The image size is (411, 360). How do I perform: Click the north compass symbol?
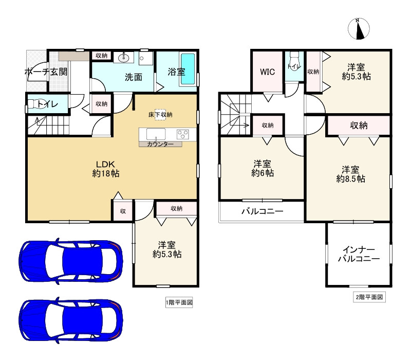click(x=359, y=29)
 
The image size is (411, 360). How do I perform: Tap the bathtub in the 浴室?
click(x=188, y=69)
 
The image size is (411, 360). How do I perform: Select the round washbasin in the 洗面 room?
click(x=123, y=58)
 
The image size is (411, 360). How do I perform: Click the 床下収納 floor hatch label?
click(x=160, y=115)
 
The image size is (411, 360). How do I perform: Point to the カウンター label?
click(x=160, y=144)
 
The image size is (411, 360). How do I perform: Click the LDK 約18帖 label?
click(x=106, y=169)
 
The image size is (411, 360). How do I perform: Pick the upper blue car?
click(x=71, y=261)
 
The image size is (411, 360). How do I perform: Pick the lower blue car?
click(x=71, y=320)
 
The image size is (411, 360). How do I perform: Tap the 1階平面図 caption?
click(x=179, y=302)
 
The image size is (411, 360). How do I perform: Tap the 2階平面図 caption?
click(x=369, y=297)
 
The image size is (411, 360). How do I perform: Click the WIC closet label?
click(x=267, y=71)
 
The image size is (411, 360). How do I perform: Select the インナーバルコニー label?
click(x=359, y=254)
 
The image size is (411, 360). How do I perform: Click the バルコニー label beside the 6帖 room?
click(x=263, y=211)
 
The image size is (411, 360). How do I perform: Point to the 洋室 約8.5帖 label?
click(x=351, y=174)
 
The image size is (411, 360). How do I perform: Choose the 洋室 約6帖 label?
click(x=263, y=169)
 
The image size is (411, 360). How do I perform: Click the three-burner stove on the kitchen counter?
click(x=183, y=135)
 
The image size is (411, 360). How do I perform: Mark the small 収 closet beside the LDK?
click(x=123, y=211)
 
